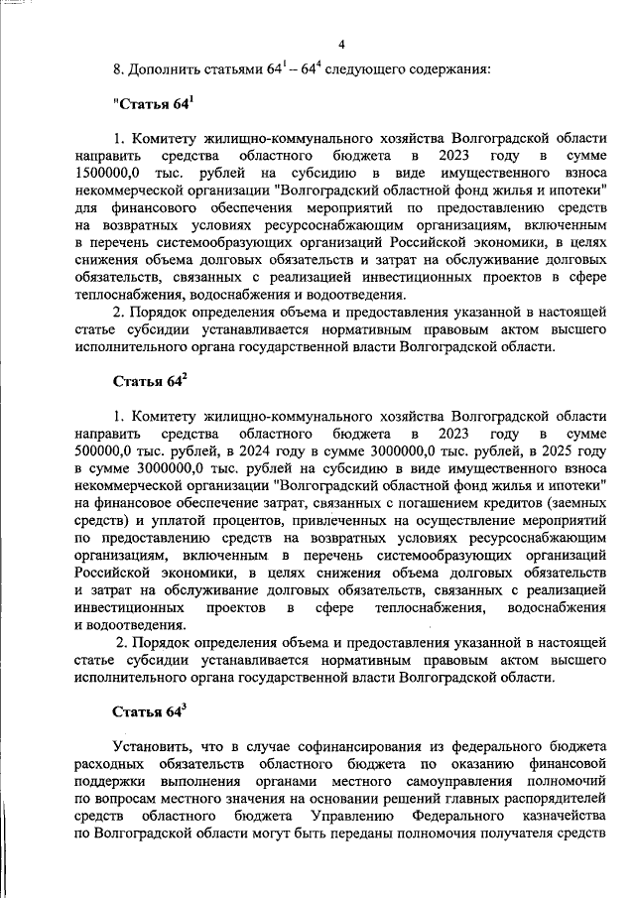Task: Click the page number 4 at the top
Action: pos(341,44)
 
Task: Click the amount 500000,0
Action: pos(105,451)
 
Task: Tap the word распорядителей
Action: pos(557,797)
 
